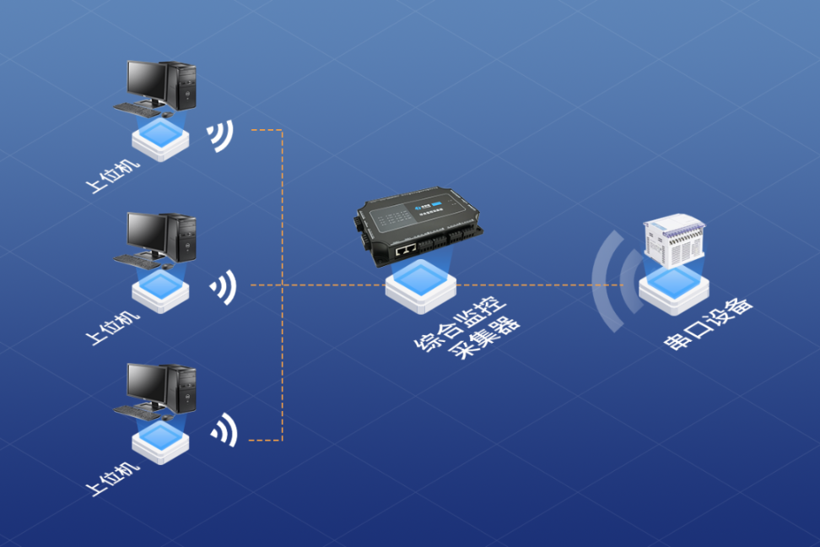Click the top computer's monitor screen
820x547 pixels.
click(x=146, y=78)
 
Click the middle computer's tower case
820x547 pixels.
click(x=182, y=236)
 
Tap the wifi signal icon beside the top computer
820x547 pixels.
click(x=221, y=136)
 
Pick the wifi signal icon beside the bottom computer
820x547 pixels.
click(x=224, y=431)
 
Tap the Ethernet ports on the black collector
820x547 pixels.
click(x=406, y=250)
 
